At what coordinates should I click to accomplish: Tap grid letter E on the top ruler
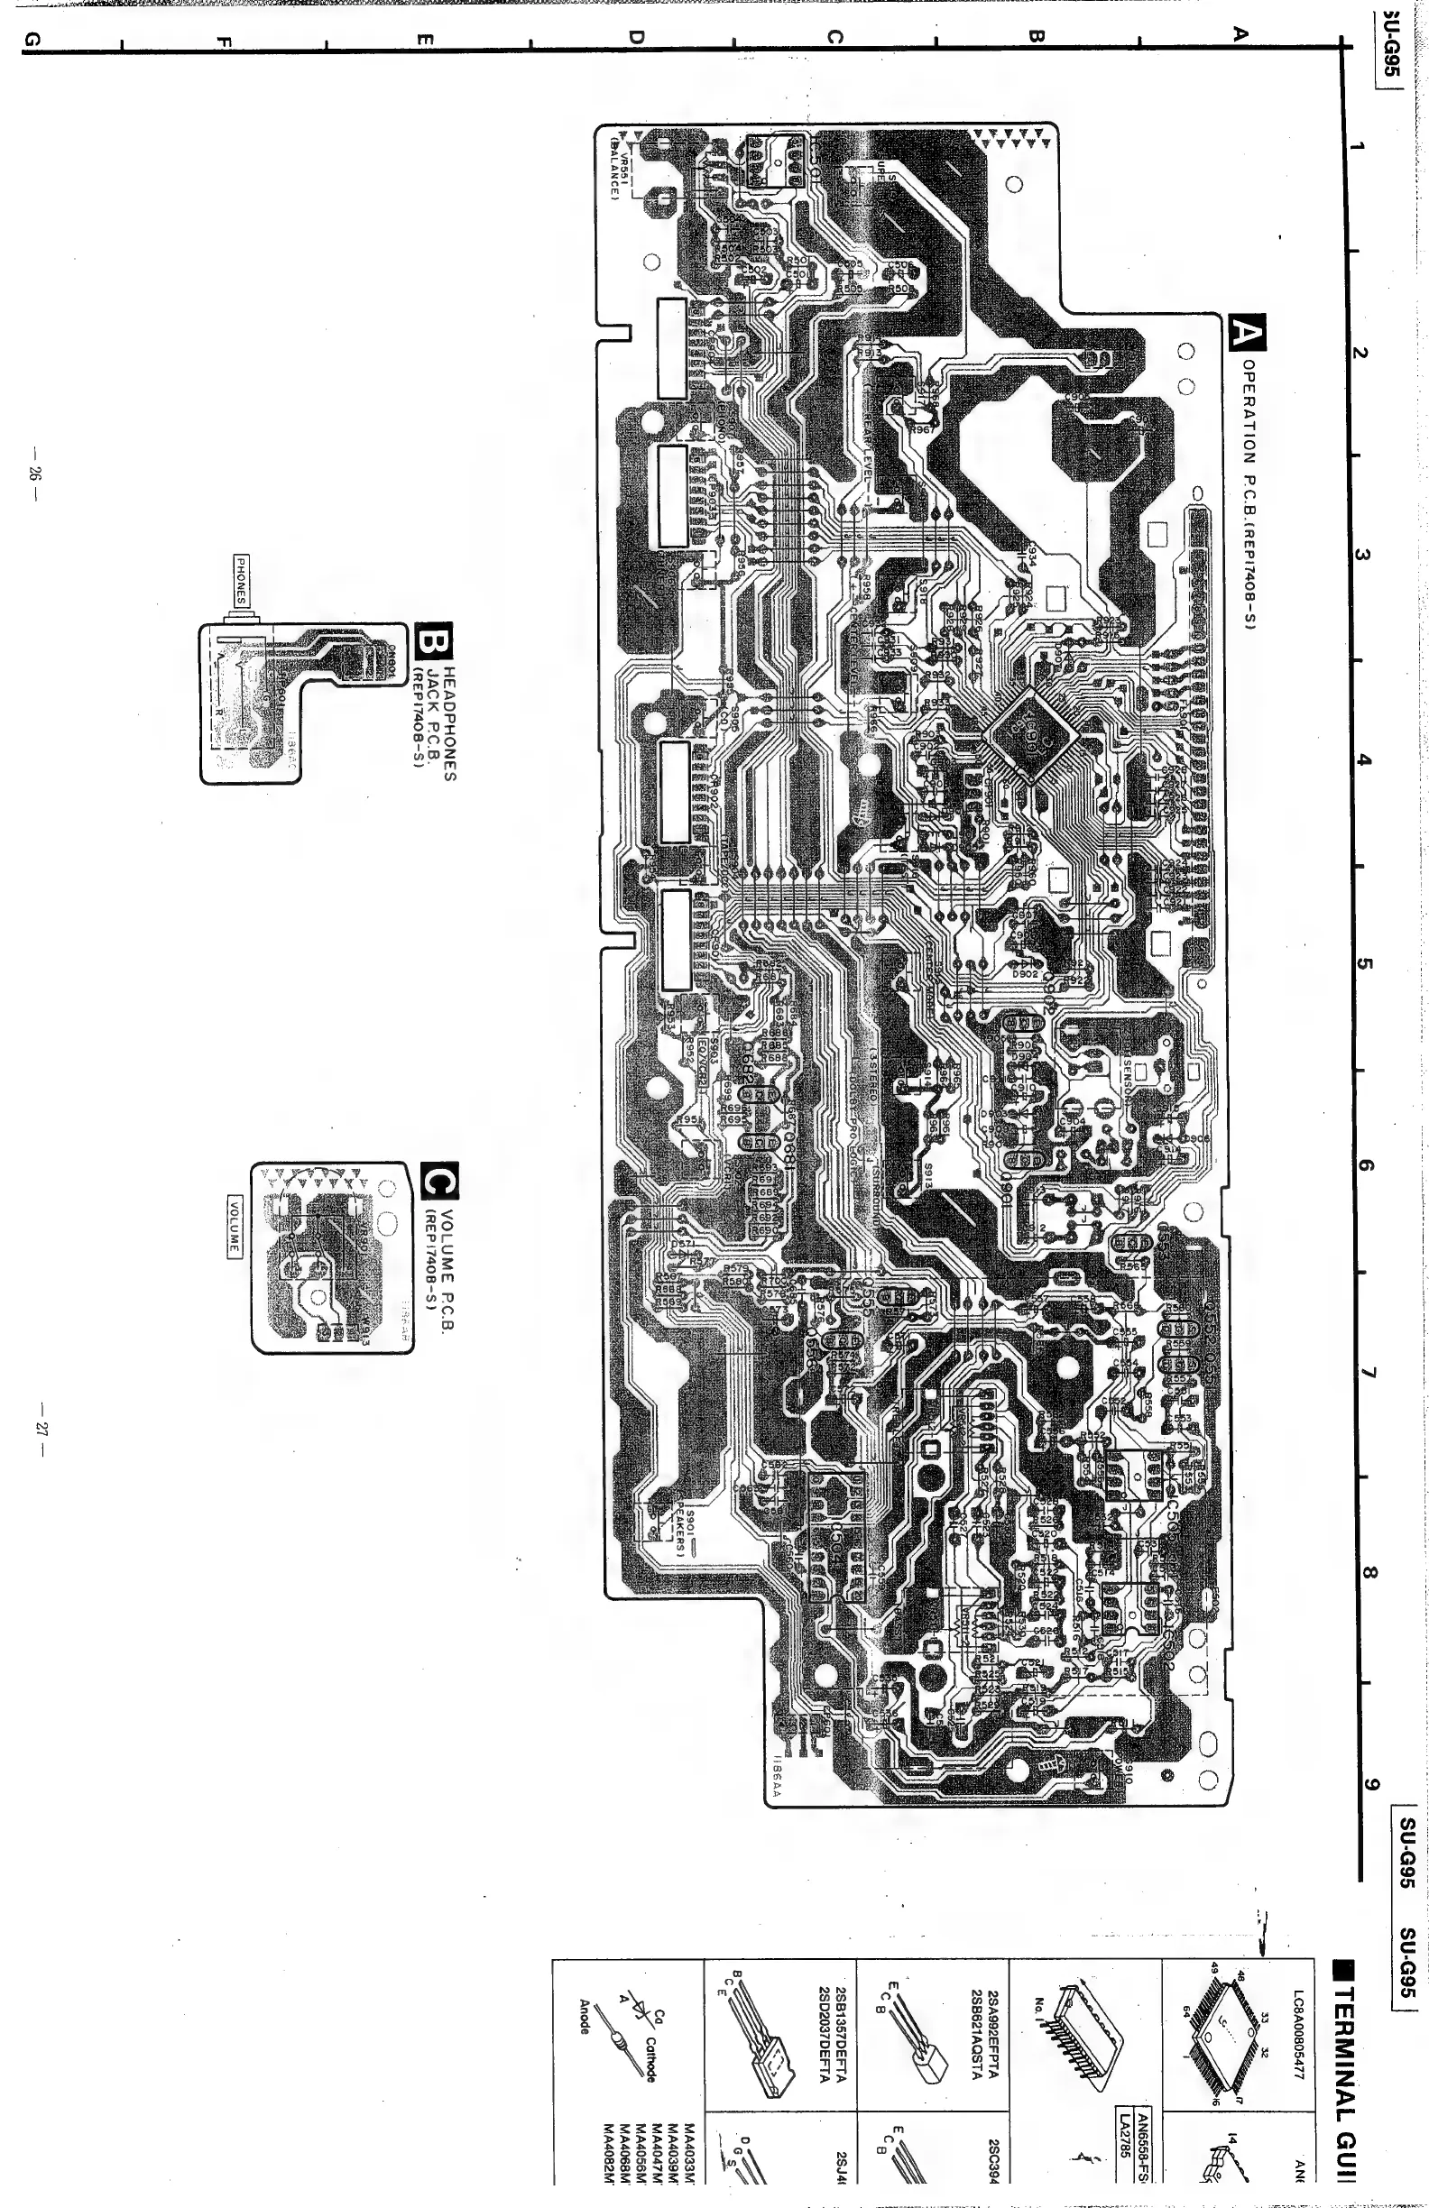click(426, 38)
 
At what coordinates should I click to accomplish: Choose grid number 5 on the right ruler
click(1363, 964)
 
